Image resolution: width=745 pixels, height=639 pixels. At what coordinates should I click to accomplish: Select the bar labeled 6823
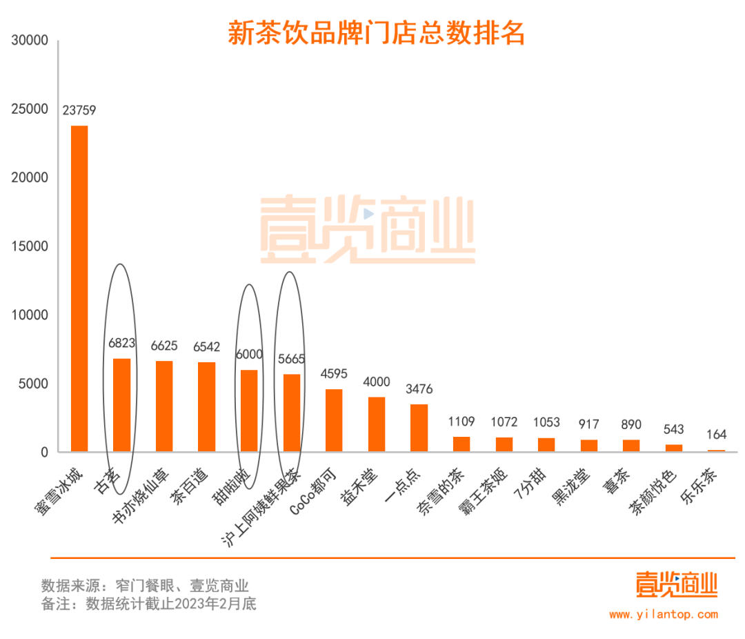click(x=122, y=405)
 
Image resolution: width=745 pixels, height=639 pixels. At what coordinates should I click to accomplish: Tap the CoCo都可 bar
click(x=334, y=420)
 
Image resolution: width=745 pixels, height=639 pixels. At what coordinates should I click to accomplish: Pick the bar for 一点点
click(x=419, y=428)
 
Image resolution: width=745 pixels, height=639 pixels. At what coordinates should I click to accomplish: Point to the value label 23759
click(x=79, y=110)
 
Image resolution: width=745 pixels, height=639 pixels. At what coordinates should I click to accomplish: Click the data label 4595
click(x=334, y=374)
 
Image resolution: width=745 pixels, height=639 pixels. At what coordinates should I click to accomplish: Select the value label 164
click(x=716, y=435)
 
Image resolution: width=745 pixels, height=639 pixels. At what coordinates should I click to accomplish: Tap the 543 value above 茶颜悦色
click(x=674, y=429)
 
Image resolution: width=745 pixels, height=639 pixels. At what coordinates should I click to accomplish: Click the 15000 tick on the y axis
click(x=30, y=246)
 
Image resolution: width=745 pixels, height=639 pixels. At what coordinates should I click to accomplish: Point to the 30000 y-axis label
click(x=30, y=41)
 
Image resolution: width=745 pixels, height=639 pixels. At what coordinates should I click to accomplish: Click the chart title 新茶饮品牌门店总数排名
click(x=376, y=33)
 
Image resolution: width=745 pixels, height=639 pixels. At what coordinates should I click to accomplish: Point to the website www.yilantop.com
click(x=663, y=614)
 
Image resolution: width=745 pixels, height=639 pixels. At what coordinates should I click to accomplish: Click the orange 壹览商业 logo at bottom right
click(x=677, y=585)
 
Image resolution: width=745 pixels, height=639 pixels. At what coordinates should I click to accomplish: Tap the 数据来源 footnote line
click(x=145, y=586)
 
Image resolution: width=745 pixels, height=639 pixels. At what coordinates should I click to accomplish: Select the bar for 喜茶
click(x=631, y=446)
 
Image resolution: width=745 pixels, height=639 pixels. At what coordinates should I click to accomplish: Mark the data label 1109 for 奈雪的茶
click(x=461, y=422)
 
